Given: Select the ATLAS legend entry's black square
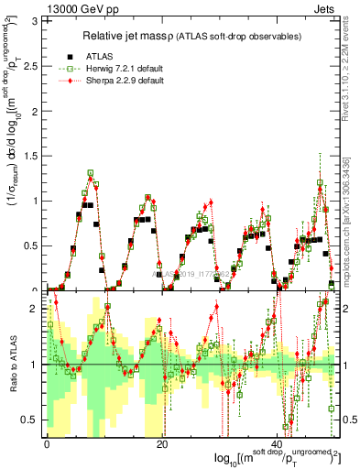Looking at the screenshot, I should pos(70,55).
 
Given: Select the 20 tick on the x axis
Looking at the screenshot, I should pos(162,443).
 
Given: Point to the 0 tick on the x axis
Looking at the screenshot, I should pos(47,443).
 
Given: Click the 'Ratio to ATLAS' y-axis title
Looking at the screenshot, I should pos(12,364).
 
